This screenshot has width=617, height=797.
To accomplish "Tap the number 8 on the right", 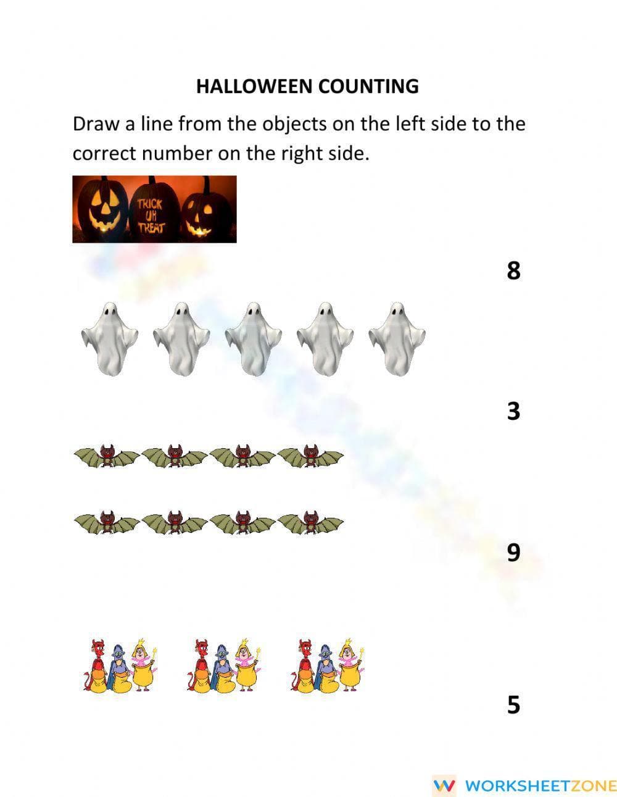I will (x=513, y=270).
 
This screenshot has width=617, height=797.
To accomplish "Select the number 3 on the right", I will (x=513, y=411).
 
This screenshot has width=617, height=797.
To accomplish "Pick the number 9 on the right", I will (x=513, y=551).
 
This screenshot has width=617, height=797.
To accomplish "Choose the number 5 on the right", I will (x=513, y=704).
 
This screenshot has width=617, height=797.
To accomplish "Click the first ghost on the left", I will (x=109, y=338).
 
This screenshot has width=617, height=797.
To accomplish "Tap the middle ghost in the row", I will (x=253, y=338).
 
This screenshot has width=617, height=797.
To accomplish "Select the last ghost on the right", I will (x=397, y=338).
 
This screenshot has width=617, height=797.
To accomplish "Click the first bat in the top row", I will (x=107, y=457).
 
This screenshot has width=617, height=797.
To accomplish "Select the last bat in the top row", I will (x=310, y=457).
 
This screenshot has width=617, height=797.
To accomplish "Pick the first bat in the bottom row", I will (x=107, y=524).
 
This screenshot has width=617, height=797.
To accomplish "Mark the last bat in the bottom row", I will (x=310, y=524).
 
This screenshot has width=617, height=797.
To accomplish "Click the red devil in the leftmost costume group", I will (x=96, y=664).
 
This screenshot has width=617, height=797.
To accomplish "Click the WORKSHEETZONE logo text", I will (x=540, y=785).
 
